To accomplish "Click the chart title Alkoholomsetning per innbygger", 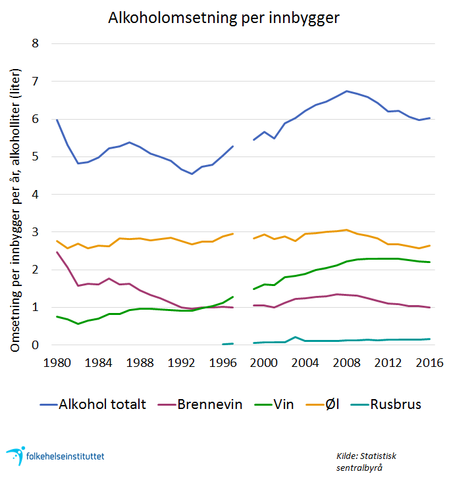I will click(x=224, y=18).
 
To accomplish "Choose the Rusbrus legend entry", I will click(x=394, y=404).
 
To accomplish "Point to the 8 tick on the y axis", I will click(x=36, y=44).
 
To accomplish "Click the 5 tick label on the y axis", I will click(x=36, y=157).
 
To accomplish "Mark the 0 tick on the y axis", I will click(x=36, y=345).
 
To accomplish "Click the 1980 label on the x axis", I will click(x=57, y=362).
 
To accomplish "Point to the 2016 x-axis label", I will click(x=430, y=362).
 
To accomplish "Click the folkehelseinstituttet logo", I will click(x=55, y=455).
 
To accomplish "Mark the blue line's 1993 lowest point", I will click(x=192, y=174).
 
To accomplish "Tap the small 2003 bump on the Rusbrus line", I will click(x=296, y=337).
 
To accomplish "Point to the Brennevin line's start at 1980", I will click(x=57, y=252).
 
